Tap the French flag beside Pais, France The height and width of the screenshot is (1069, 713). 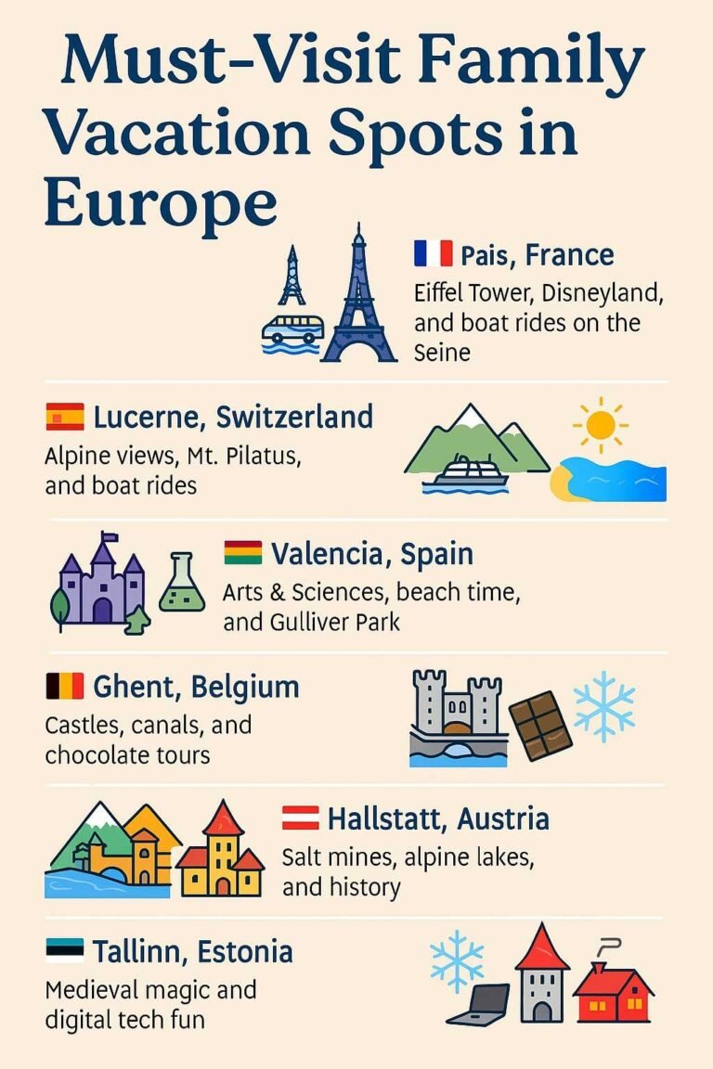point(433,253)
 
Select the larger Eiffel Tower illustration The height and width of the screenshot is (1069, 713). point(358,297)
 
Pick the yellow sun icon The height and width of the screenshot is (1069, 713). point(600,425)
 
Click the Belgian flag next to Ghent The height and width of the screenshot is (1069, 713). point(64,687)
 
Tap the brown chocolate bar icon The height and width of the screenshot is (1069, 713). point(540,725)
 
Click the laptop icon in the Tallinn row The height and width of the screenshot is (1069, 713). point(479,1003)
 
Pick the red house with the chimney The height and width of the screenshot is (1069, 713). point(613,993)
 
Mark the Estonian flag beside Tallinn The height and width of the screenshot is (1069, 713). point(64,950)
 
